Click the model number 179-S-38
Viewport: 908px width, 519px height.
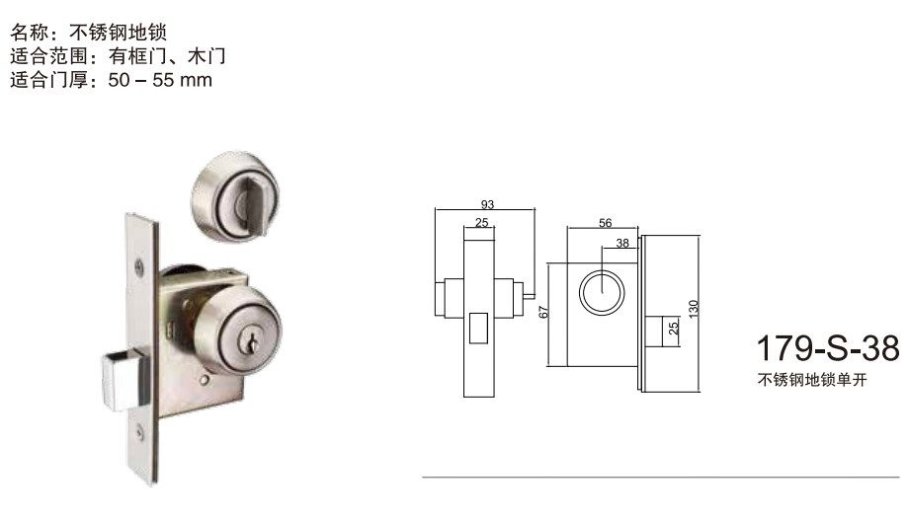click(x=827, y=349)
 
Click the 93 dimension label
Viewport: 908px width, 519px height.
click(x=486, y=204)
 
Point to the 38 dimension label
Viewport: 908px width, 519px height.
click(x=621, y=242)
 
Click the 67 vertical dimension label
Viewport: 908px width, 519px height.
click(x=542, y=313)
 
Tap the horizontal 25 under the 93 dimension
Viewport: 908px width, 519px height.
click(x=481, y=223)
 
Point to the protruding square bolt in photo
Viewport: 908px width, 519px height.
click(x=117, y=380)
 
